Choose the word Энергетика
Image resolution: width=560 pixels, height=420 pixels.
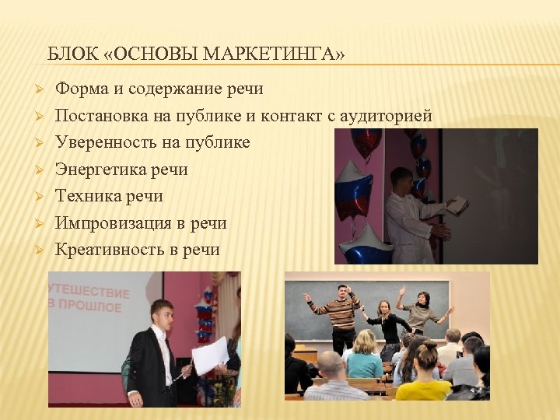100,170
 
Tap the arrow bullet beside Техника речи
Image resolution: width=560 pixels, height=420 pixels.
37,196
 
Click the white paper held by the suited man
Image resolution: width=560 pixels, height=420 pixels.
210,356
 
